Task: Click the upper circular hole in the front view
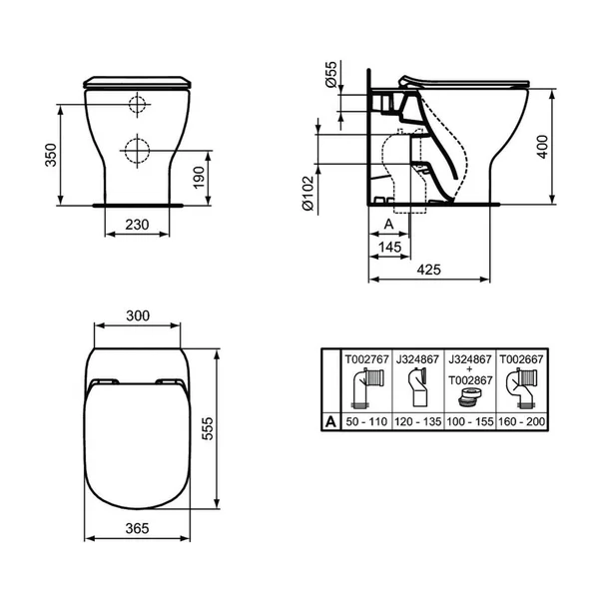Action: [x=137, y=105]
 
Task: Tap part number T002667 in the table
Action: [x=517, y=356]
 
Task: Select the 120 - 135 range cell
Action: [x=415, y=422]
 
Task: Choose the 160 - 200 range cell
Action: [x=517, y=422]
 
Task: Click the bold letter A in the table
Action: [x=330, y=422]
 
